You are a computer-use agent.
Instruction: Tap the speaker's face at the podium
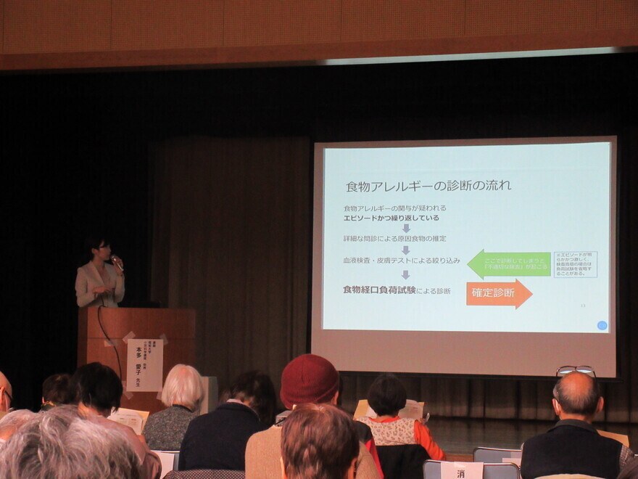[101, 250]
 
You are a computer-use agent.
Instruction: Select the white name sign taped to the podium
[144, 365]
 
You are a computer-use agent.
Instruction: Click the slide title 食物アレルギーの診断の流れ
[428, 186]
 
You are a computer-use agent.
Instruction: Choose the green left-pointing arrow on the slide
[508, 264]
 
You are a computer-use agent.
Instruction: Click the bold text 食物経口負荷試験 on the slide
[379, 290]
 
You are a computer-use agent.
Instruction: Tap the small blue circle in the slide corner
[602, 325]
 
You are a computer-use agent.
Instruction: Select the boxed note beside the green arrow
[575, 264]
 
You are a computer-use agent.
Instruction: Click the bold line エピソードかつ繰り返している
[391, 217]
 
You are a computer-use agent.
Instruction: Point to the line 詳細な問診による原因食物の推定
[394, 238]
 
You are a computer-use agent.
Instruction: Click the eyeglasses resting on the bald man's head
[576, 371]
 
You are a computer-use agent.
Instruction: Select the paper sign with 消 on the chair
[461, 471]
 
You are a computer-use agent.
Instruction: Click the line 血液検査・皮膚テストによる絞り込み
[402, 260]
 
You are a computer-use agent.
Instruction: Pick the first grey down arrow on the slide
[405, 228]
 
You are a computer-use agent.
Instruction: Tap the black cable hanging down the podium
[109, 341]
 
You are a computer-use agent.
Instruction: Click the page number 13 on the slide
[582, 306]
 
